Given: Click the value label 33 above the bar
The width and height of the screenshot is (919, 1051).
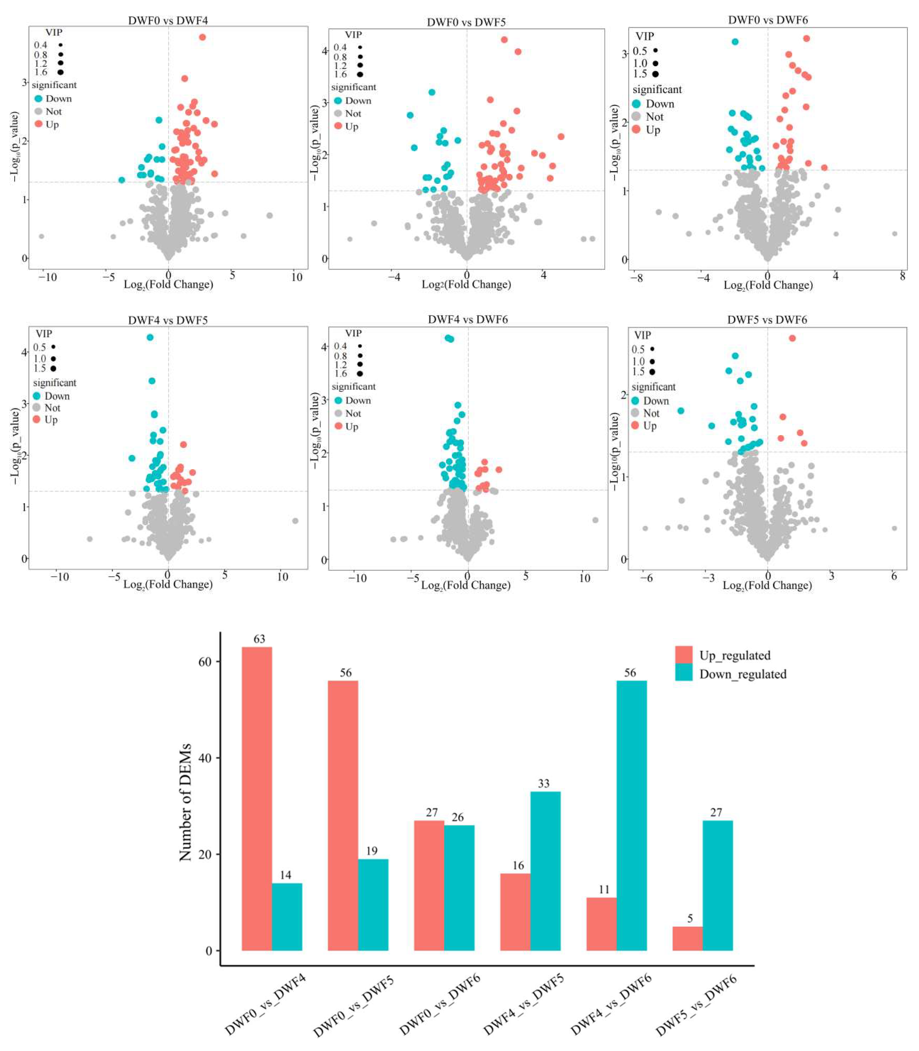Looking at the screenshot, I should [x=544, y=783].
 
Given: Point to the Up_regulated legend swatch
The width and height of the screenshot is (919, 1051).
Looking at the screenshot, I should [x=684, y=655].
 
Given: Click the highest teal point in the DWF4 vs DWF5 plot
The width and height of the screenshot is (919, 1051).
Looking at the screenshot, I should [x=150, y=337].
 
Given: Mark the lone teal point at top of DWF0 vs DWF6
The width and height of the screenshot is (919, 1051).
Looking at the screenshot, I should [x=735, y=42].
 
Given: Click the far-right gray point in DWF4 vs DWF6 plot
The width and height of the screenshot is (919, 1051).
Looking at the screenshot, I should [x=595, y=520].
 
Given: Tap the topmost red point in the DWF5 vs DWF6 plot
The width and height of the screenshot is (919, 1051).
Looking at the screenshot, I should [x=792, y=338].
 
